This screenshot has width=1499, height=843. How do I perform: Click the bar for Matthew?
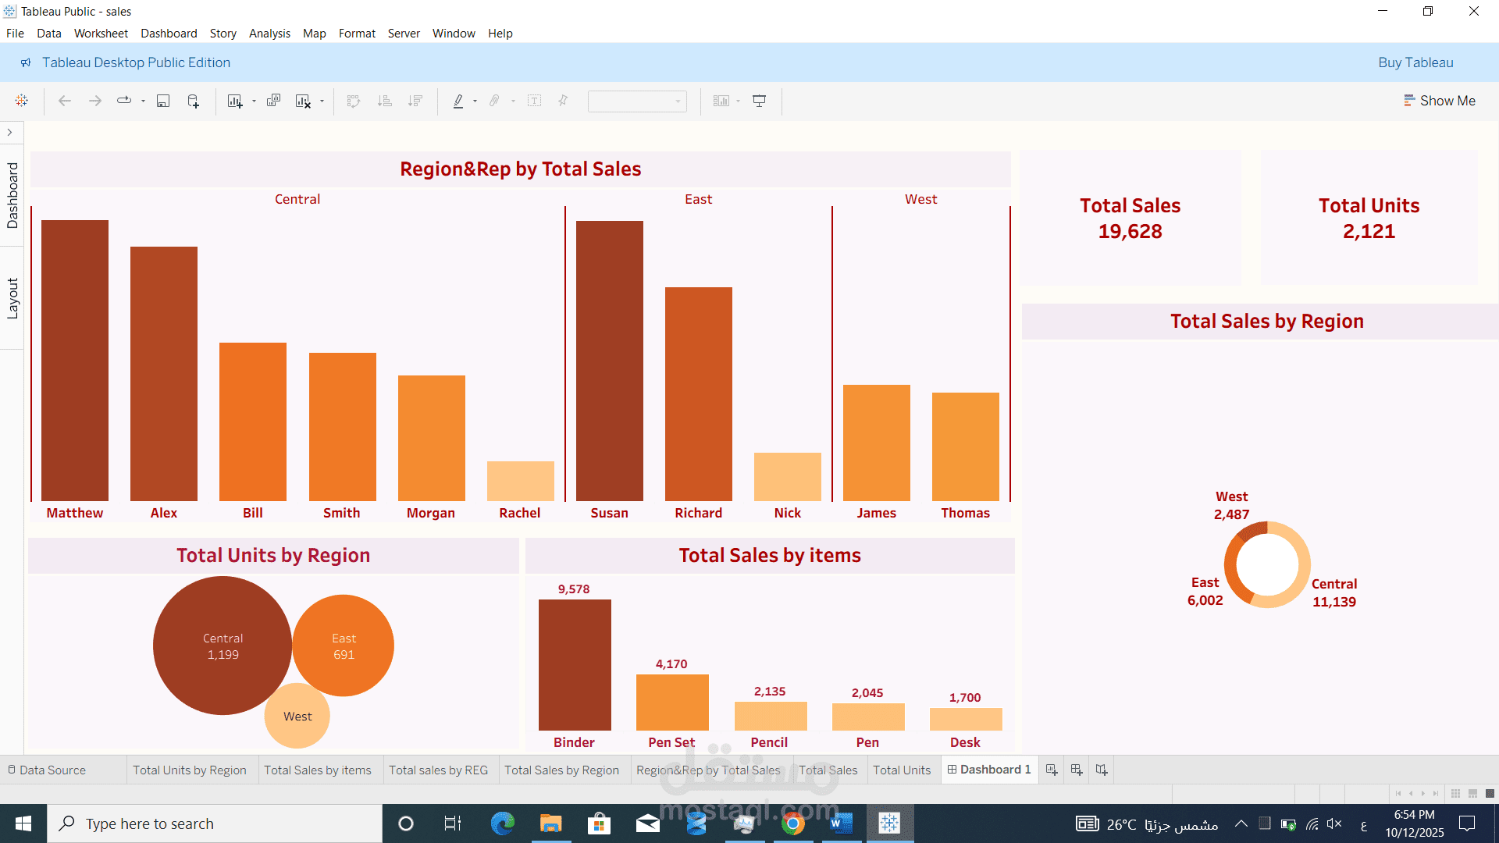click(75, 361)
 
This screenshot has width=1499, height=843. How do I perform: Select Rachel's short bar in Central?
click(520, 481)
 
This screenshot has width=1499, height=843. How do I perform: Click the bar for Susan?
click(609, 361)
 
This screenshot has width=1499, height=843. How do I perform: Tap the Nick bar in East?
click(787, 477)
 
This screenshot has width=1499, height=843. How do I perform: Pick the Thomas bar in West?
click(965, 446)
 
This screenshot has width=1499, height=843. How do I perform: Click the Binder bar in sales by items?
click(575, 665)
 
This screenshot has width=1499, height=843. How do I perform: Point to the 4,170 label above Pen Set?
click(671, 664)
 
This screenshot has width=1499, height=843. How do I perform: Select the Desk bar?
click(965, 719)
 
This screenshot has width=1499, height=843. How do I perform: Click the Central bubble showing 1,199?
click(223, 646)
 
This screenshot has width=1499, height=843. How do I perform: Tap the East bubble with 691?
click(344, 646)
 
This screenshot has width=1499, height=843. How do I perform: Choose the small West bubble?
click(297, 717)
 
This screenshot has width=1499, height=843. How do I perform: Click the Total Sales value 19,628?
click(1130, 232)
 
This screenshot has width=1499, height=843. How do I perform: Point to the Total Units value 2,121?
click(1369, 232)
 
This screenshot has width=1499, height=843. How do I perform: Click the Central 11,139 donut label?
click(1333, 593)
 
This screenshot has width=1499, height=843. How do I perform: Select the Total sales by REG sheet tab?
click(438, 770)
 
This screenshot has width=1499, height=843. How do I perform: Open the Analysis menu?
click(269, 34)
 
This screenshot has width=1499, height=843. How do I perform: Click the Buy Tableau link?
click(1415, 62)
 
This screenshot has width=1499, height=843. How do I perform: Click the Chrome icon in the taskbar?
click(792, 823)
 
